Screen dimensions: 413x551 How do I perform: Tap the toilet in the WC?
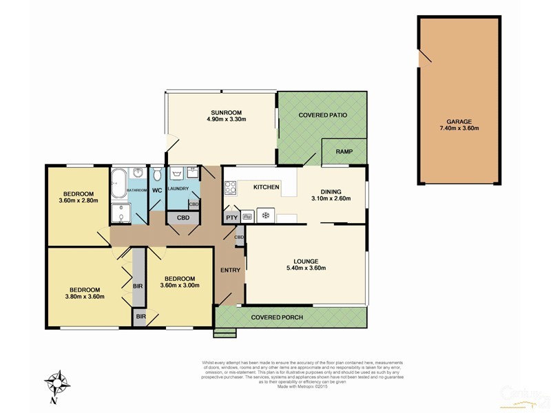click(x=157, y=174)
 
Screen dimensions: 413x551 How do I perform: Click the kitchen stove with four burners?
click(x=230, y=187)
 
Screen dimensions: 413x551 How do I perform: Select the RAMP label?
click(x=344, y=151)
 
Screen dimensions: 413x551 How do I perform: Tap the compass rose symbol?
click(x=58, y=383)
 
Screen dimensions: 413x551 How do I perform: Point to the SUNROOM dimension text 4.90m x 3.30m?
click(x=226, y=119)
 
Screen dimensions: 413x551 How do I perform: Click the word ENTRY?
click(x=229, y=271)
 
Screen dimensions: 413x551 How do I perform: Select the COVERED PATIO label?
click(x=322, y=115)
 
